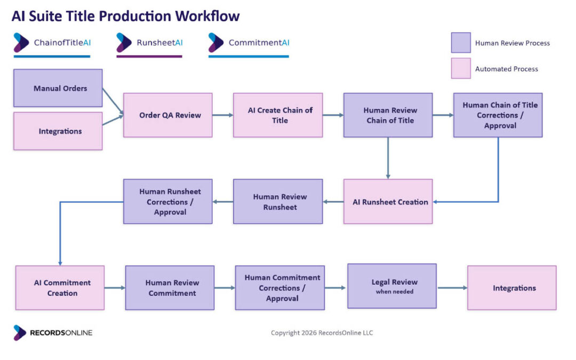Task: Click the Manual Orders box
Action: pos(58,88)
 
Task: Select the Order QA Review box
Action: pos(168,115)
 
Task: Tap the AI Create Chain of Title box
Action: pos(278,115)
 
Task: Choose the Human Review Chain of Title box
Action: pos(388,115)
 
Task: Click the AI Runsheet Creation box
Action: pos(388,201)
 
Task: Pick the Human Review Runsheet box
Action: pos(278,201)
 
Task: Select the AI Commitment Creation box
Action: pos(60,287)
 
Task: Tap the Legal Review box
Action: pos(392,286)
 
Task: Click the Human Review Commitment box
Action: pos(170,287)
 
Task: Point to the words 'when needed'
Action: pos(395,292)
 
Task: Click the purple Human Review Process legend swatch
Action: pos(461,43)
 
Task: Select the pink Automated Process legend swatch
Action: pos(461,68)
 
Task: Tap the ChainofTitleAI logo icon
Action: pos(21,43)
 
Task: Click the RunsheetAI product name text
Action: pos(160,43)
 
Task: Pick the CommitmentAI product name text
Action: pos(259,43)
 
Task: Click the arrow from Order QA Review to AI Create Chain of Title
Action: pos(223,115)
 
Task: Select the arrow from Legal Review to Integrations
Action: pos(452,287)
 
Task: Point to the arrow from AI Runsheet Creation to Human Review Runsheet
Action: pos(333,201)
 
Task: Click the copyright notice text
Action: pos(322,333)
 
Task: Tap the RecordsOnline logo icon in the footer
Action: pos(20,333)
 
